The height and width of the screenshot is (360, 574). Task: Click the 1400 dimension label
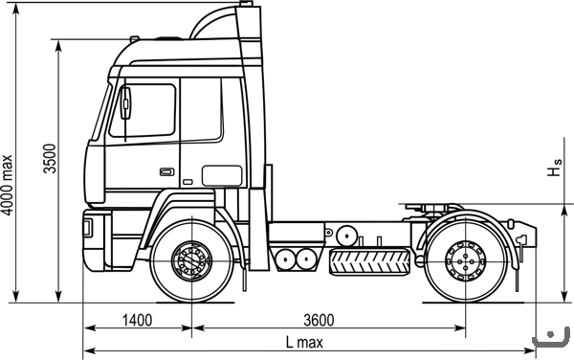pos(137,321)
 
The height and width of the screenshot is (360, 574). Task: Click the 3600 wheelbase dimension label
pos(319,321)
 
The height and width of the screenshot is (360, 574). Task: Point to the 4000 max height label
pos(7,185)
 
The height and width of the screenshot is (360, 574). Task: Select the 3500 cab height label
pos(50,159)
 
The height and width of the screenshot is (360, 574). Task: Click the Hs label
pos(554,168)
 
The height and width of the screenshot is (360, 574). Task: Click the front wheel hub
pos(192,260)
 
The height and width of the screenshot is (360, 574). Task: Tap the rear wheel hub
pos(466,260)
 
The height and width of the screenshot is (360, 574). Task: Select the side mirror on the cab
pos(125,103)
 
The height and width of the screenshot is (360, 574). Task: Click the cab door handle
pos(166,171)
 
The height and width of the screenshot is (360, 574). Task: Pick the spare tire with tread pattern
pos(369,261)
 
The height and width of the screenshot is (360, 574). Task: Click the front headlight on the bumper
pos(88,227)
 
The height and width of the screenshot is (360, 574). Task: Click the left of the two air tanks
pos(286,259)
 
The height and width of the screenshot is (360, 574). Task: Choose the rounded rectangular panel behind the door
pos(222,176)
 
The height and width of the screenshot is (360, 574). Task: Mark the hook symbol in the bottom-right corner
pos(551,337)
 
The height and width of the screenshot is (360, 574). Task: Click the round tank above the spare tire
pos(346,236)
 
